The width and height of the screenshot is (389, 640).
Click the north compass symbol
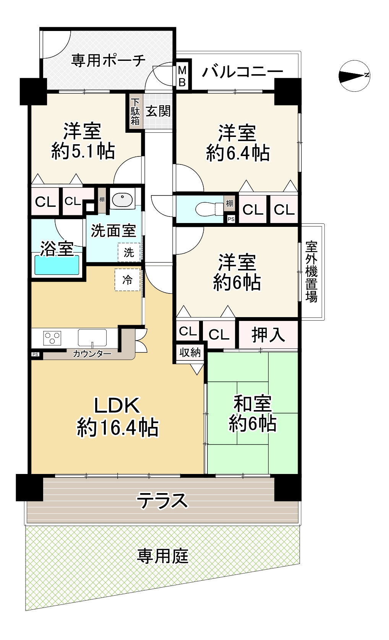tap(355, 76)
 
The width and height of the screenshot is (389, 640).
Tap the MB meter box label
tap(182, 76)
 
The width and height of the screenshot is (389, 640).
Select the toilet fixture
tap(209, 209)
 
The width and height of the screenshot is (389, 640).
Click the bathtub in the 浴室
tap(57, 265)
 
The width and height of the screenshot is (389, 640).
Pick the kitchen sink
tap(92, 337)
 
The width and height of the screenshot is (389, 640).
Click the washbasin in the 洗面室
tap(122, 199)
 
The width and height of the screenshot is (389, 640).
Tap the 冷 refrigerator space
tap(127, 280)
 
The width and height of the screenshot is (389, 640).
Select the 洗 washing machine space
tap(129, 252)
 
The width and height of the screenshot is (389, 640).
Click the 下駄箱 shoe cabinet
tap(135, 112)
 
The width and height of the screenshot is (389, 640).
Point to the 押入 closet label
tap(268, 335)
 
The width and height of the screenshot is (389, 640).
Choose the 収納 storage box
tap(190, 353)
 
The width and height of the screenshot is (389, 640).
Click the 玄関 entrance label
tap(159, 111)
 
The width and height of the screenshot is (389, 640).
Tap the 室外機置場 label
tap(311, 272)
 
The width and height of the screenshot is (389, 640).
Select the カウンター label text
tap(92, 354)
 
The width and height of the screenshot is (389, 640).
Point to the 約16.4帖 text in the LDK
tap(118, 427)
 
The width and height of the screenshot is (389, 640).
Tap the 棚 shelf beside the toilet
tap(229, 203)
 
